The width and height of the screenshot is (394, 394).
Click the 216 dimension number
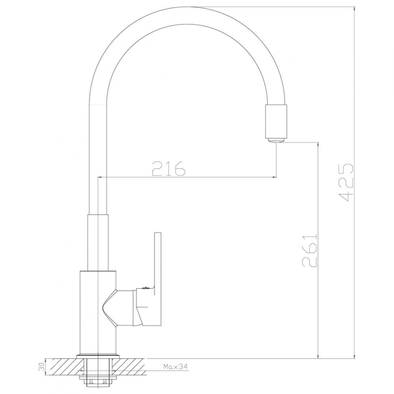[x=169, y=168]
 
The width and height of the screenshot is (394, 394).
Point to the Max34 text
[x=176, y=367]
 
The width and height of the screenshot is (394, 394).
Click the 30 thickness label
[x=42, y=367]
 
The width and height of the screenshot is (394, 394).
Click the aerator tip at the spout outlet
[x=276, y=140]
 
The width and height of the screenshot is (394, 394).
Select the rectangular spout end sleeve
[x=276, y=121]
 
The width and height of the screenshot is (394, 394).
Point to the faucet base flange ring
[x=97, y=356]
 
